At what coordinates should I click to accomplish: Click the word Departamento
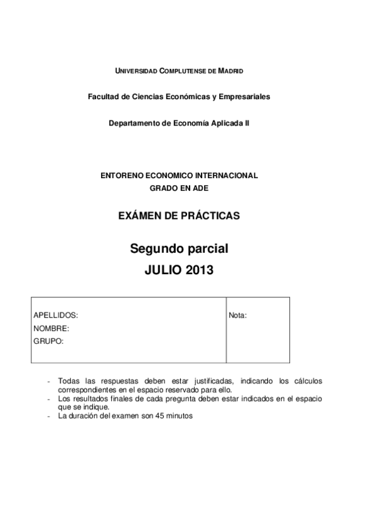(135, 124)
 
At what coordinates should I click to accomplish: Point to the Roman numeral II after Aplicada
(247, 124)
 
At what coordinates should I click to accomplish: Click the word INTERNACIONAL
(228, 176)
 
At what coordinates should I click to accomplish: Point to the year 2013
(200, 271)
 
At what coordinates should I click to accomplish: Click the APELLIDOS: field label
(56, 316)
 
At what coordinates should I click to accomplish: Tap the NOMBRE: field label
(51, 328)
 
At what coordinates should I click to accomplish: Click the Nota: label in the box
(238, 316)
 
